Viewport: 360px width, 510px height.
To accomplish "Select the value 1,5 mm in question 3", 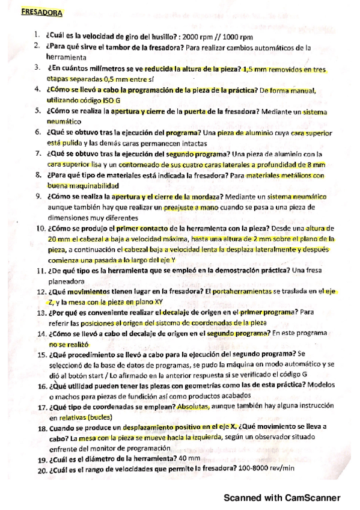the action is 239,70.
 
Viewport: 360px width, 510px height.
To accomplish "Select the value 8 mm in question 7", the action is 317,164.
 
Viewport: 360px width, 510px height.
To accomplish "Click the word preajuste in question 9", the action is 182,207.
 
